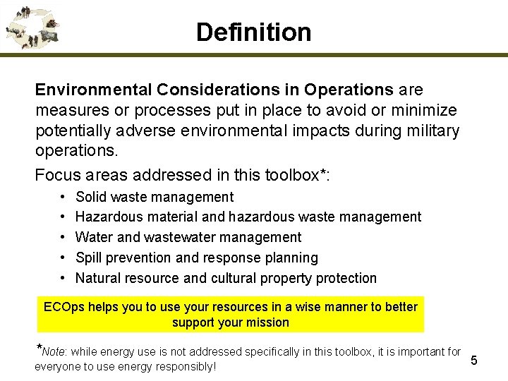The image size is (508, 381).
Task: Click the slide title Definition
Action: (253, 32)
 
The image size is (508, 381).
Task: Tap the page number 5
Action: (474, 361)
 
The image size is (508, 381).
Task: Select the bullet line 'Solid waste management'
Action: (154, 197)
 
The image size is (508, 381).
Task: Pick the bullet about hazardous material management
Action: (248, 217)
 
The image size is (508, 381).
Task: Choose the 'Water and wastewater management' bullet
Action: (188, 237)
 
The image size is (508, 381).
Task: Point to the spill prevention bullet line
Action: (196, 258)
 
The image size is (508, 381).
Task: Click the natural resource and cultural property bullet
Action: (226, 278)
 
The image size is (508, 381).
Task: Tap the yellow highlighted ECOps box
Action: (231, 315)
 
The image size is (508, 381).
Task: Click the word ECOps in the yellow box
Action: (62, 307)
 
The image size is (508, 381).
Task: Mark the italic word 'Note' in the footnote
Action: (53, 351)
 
